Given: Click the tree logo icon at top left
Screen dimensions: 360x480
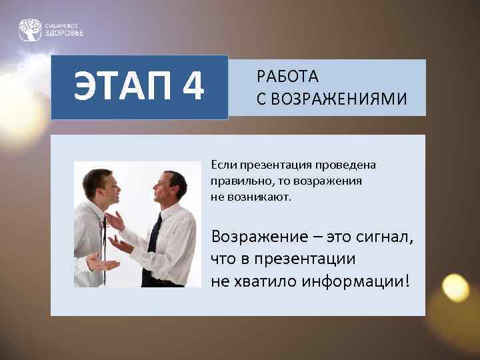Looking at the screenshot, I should pos(30,29).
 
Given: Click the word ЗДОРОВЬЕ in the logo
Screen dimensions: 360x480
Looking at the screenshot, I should pos(65,33).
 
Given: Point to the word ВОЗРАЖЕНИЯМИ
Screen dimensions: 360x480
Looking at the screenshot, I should pos(339,99).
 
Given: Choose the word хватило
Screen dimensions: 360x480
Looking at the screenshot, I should pos(264,281).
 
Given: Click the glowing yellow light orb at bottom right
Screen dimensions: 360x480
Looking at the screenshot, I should pos(455,287).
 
